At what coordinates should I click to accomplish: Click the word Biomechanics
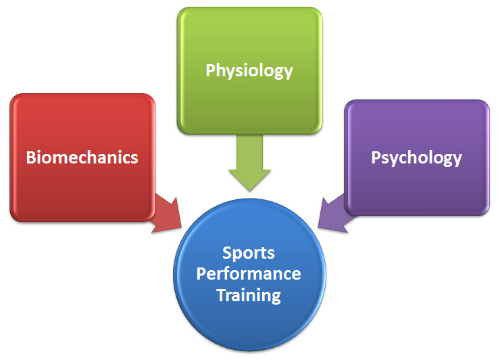[x=82, y=157]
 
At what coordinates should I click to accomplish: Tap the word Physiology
[x=249, y=71]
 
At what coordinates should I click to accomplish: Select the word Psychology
[x=416, y=158]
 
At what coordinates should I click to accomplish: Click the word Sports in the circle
[x=249, y=253]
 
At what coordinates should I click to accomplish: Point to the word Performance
[x=249, y=274]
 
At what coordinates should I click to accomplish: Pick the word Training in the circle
[x=249, y=295]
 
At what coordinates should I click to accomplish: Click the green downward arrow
[x=250, y=163]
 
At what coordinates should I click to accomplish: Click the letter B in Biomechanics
[x=31, y=157]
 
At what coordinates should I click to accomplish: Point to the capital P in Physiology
[x=210, y=70]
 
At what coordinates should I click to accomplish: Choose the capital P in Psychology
[x=376, y=157]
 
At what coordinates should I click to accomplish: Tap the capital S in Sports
[x=227, y=253]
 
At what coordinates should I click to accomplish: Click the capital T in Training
[x=222, y=294]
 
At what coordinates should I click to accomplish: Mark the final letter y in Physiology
[x=289, y=74]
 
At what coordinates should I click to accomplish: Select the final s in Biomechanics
[x=134, y=159]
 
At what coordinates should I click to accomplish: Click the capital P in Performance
[x=201, y=274]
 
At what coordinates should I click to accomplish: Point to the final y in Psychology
[x=457, y=160]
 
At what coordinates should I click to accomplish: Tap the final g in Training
[x=276, y=298]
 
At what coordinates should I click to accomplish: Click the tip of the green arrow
[x=250, y=191]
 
